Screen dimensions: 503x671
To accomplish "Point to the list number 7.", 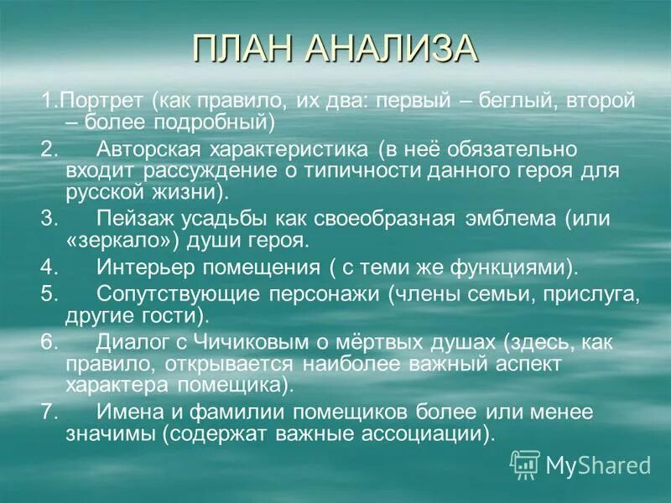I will coord(48,412).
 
